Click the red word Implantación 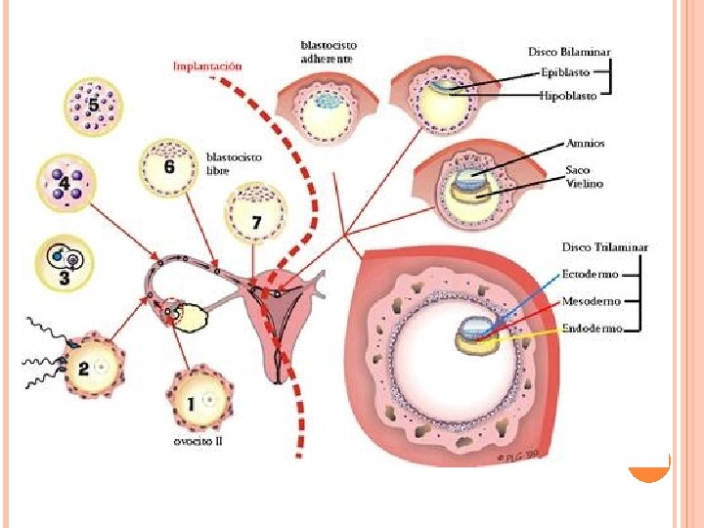coord(207,66)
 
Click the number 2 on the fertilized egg coord(84,369)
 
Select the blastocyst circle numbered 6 coord(169,166)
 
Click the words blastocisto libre coord(234,163)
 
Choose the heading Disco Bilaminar coord(571,51)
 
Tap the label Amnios coord(585,144)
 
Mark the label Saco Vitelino coord(584,177)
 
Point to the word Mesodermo coord(591,301)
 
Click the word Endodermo coord(591,330)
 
